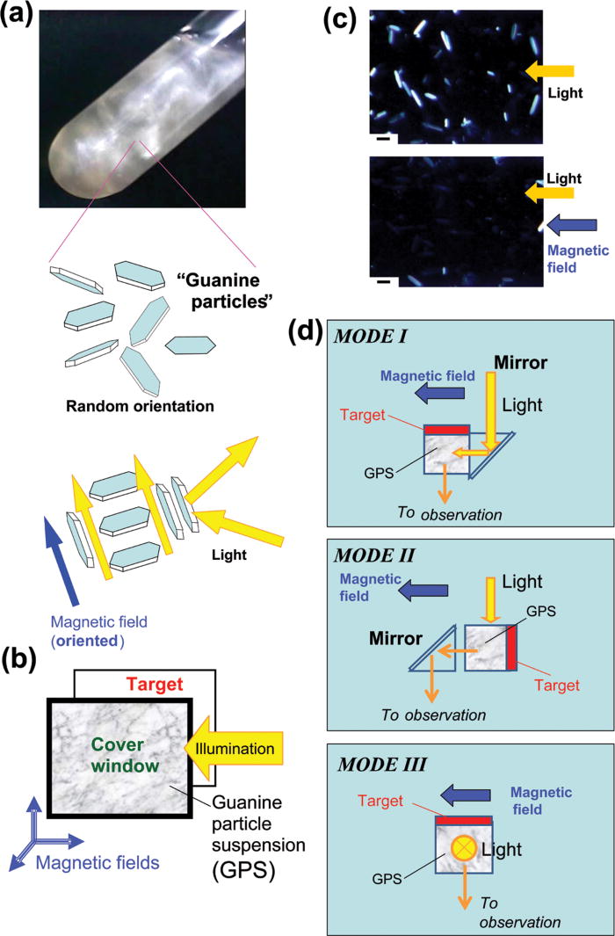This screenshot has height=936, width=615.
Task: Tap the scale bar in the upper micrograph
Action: tap(384, 137)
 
